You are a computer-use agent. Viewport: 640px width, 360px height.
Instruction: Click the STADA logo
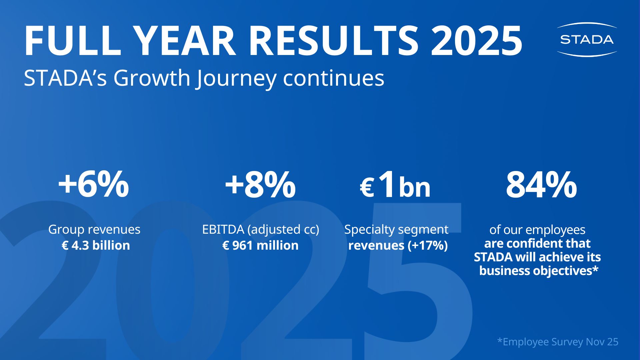coord(587,39)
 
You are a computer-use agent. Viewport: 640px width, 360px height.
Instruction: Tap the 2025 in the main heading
coord(476,41)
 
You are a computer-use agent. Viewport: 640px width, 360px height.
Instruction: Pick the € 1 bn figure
coord(395,185)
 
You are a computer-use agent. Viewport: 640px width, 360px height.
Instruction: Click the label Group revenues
coord(94,229)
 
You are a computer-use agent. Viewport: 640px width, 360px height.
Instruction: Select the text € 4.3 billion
coord(96,245)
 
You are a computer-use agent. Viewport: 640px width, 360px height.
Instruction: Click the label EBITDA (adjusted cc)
coord(261,229)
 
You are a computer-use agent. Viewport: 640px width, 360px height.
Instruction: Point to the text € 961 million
coord(260,245)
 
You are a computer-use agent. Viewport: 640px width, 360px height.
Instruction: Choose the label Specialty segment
coord(396,229)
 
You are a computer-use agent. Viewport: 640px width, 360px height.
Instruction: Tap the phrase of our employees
coord(537,230)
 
